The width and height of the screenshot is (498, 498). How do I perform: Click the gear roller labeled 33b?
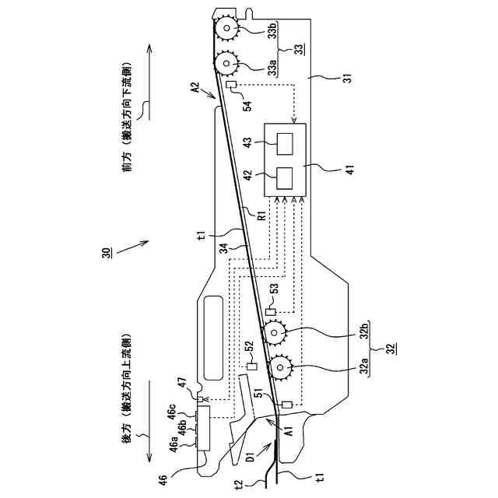pyautogui.click(x=226, y=29)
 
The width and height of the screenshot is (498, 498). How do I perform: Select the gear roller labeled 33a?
pyautogui.click(x=226, y=61)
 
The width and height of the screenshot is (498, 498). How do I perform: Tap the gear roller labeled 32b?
pyautogui.click(x=275, y=334)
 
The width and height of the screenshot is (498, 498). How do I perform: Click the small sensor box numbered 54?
pyautogui.click(x=231, y=85)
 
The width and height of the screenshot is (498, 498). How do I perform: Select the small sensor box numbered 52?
pyautogui.click(x=251, y=366)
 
